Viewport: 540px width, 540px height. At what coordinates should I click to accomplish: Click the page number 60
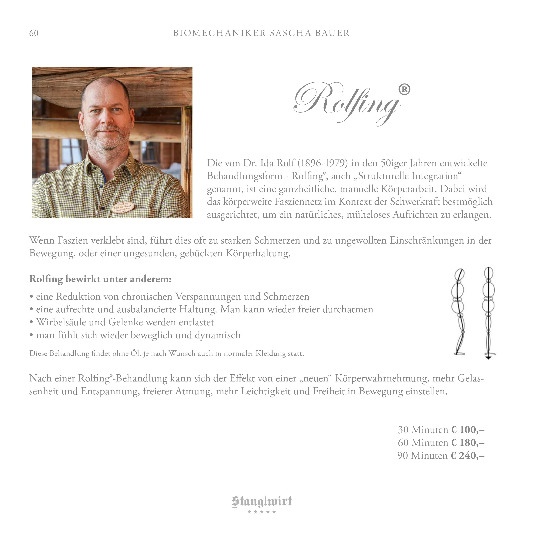pos(34,33)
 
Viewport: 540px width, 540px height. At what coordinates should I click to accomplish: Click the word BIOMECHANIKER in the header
pos(219,33)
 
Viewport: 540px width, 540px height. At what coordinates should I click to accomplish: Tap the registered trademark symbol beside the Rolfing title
pos(404,90)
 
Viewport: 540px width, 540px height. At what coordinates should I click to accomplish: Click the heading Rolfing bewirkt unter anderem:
pos(100,279)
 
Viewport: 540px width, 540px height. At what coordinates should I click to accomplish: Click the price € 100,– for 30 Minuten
pos(468,430)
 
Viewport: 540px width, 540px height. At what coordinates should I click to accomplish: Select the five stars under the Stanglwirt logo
pos(262,512)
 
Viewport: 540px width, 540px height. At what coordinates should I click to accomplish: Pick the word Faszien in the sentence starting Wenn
pos(73,240)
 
